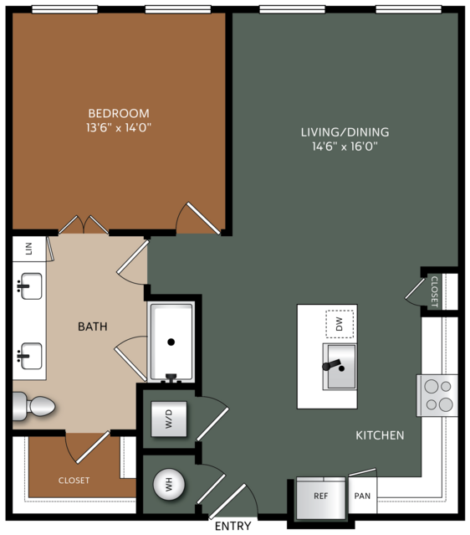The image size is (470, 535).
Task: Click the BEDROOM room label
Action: click(x=119, y=113)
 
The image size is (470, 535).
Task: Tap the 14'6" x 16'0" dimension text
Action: click(x=345, y=147)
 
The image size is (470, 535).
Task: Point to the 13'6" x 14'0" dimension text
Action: click(x=119, y=127)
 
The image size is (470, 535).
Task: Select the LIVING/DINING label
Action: click(x=345, y=132)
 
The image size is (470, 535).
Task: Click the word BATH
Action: click(x=93, y=327)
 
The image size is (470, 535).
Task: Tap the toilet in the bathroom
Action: click(x=33, y=406)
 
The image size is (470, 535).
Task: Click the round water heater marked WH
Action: click(x=169, y=485)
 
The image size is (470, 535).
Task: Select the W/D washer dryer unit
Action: click(x=169, y=419)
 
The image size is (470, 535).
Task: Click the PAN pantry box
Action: click(x=362, y=496)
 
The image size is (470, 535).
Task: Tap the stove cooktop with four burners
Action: click(x=437, y=395)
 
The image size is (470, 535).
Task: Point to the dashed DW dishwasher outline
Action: click(x=340, y=324)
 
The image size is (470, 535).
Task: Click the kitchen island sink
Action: click(x=340, y=367)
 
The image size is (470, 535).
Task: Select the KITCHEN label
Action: click(x=380, y=435)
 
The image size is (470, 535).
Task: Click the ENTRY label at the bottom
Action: click(x=233, y=526)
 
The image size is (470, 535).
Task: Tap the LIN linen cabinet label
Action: click(x=29, y=249)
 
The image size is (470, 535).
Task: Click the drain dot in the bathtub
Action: click(x=171, y=342)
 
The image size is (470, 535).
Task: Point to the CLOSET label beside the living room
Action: click(x=434, y=291)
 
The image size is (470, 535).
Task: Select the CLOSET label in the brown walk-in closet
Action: click(x=74, y=481)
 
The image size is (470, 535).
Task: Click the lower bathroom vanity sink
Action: click(x=31, y=356)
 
